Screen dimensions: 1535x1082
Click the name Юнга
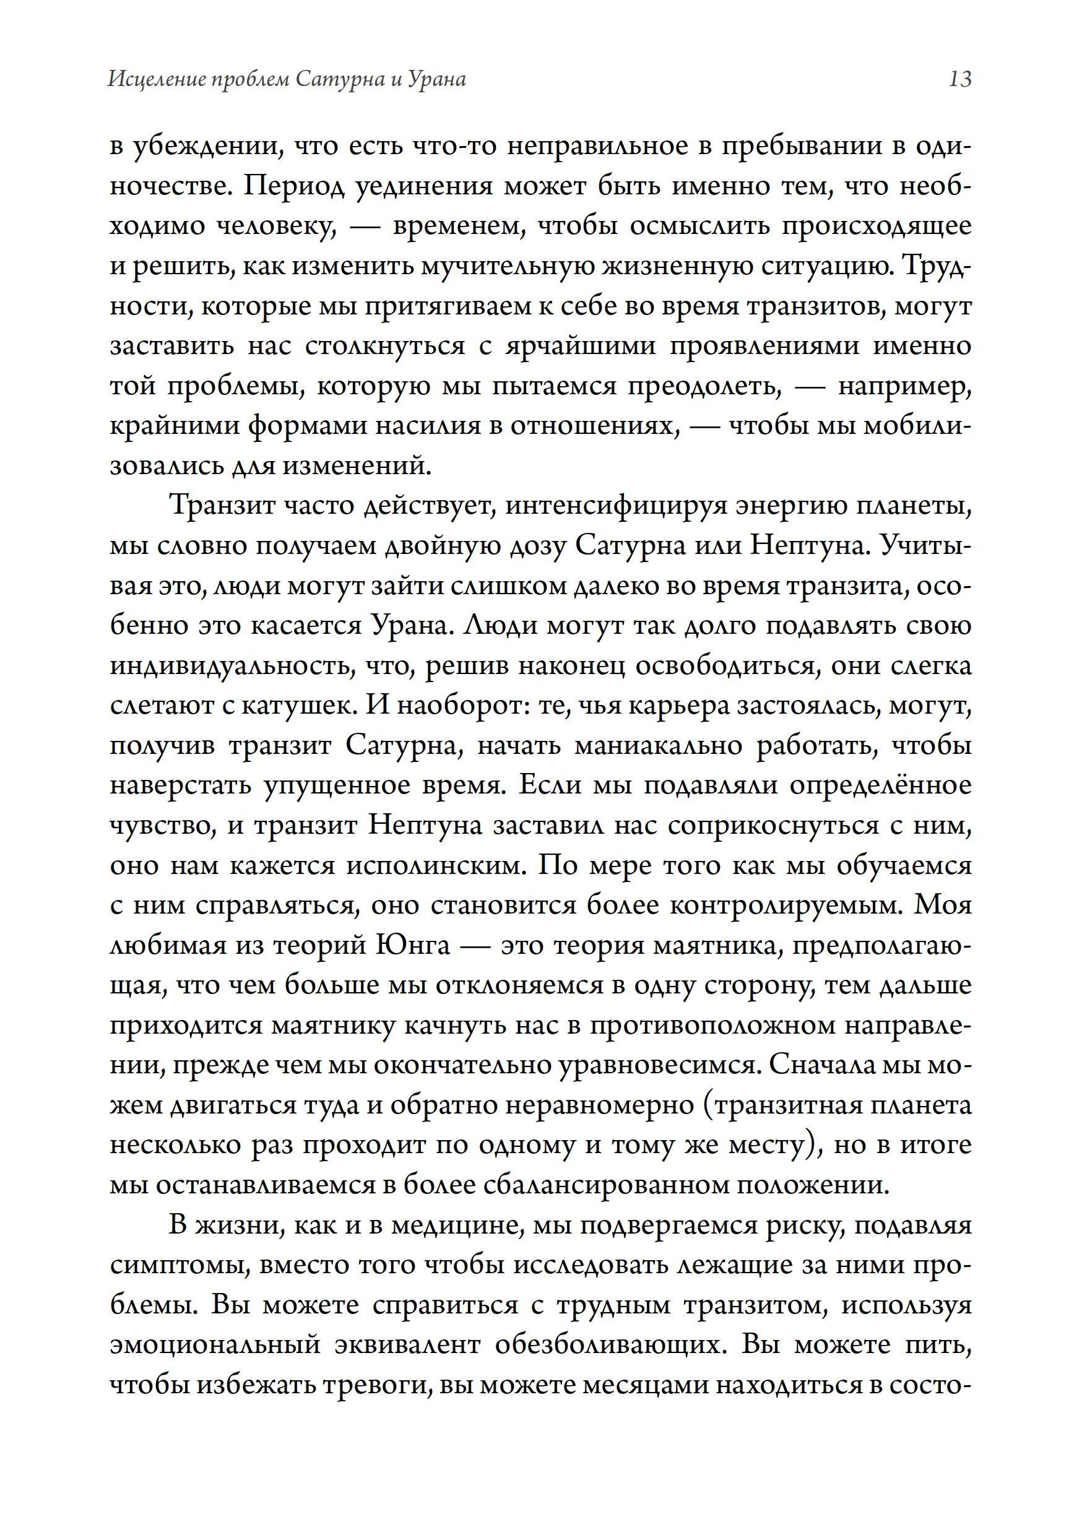coord(413,946)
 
